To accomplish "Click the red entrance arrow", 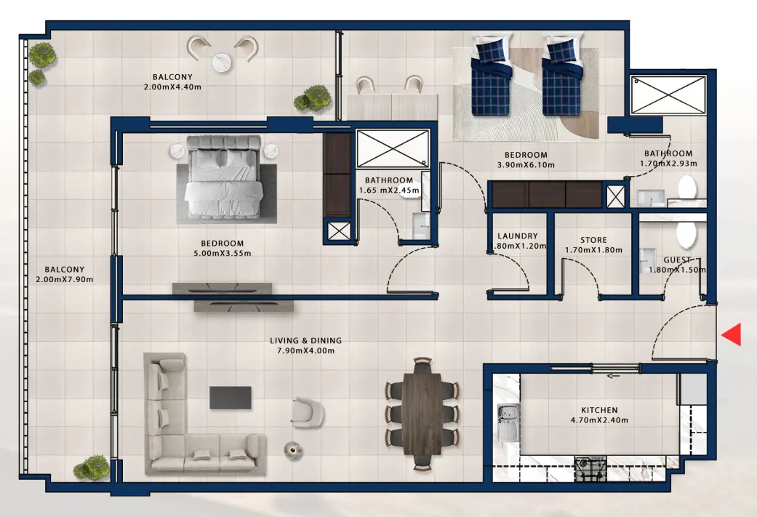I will [732, 334].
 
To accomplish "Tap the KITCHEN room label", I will [599, 410].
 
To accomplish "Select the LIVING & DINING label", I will [305, 340].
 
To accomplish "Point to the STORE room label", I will [593, 240].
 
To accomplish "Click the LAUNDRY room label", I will [517, 236].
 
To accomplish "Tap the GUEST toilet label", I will [678, 260].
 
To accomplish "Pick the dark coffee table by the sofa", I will [231, 398].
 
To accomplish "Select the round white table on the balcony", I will [223, 63].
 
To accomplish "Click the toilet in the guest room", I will [686, 234].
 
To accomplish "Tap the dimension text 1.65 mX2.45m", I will [389, 191].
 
